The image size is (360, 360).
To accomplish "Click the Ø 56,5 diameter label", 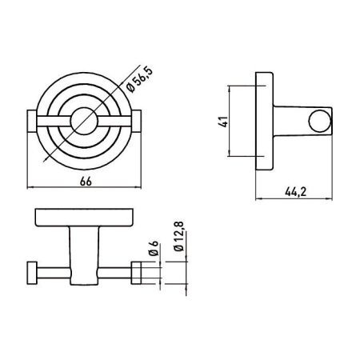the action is point(139,80).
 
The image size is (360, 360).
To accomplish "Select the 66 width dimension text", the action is point(86,182).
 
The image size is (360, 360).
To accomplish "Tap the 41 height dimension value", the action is point(225,122).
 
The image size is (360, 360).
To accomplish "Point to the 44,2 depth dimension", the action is point(296,192).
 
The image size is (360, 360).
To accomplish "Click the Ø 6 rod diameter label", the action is point(154,248).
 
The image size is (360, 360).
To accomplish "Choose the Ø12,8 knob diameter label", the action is point(179,236).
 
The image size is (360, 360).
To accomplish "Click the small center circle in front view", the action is point(83,121).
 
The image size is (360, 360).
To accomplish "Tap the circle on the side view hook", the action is point(320,121).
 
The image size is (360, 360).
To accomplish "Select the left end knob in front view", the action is point(32,121).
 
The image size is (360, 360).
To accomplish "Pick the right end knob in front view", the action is point(136,121).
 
